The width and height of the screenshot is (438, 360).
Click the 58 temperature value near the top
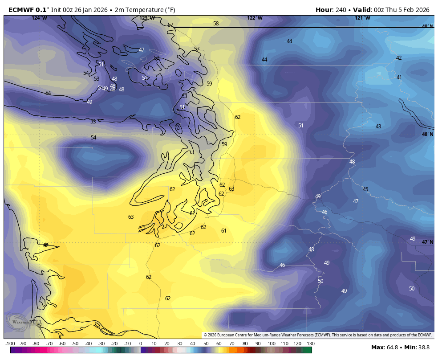[216, 24]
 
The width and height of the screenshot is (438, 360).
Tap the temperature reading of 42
[399, 58]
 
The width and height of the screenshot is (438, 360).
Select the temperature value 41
[399, 78]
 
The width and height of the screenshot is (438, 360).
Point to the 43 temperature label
[378, 127]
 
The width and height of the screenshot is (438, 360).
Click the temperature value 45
[365, 189]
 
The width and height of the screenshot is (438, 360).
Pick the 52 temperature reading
[157, 58]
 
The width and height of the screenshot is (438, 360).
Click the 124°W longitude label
[39, 18]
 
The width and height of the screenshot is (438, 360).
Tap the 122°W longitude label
[255, 18]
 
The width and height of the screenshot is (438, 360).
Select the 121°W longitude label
[362, 18]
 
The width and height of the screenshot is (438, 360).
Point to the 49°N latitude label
[427, 26]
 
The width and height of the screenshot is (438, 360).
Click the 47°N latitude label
[427, 242]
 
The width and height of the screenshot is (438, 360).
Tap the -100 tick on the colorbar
[10, 344]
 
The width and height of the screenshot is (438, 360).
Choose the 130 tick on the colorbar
[310, 344]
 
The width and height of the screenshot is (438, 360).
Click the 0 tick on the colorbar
[141, 344]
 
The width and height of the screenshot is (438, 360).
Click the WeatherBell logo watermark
[24, 322]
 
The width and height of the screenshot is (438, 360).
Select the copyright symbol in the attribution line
[206, 335]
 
